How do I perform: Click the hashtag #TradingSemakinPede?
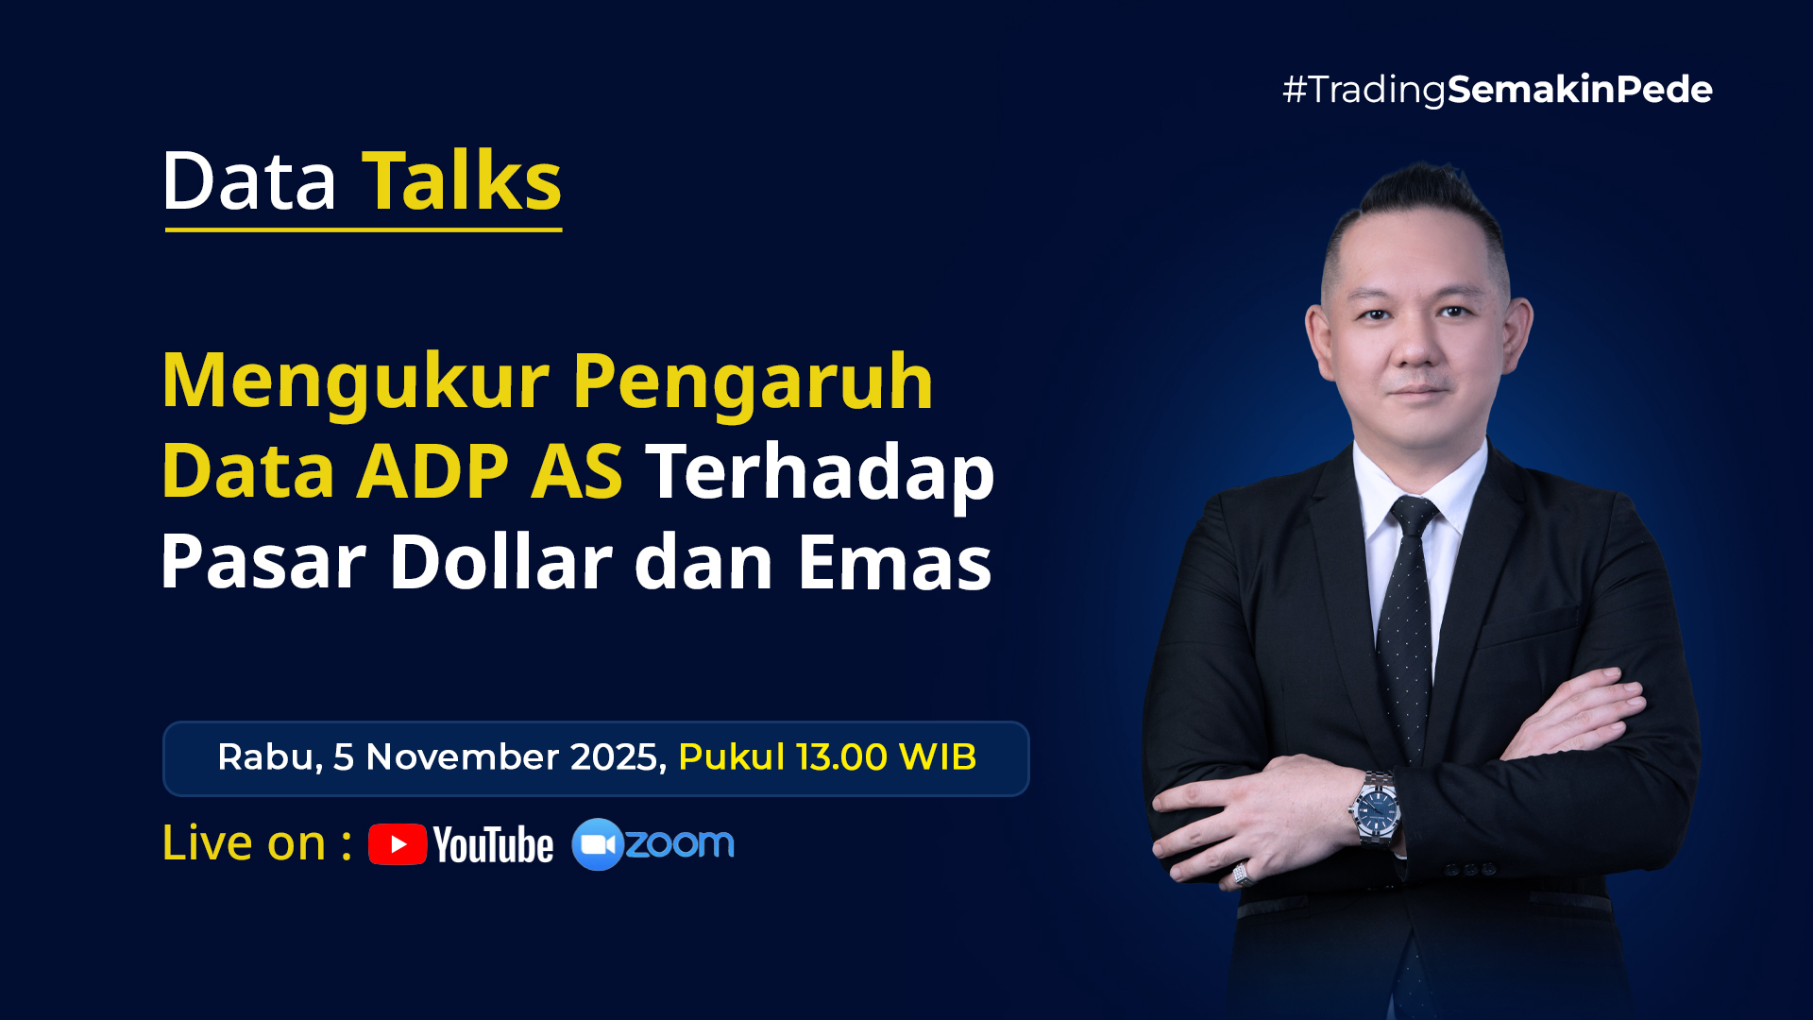[1497, 90]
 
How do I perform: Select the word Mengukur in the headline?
[355, 381]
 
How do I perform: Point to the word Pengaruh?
[753, 382]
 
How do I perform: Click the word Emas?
[894, 562]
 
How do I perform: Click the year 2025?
[618, 757]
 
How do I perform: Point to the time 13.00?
[841, 757]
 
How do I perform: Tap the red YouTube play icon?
[398, 844]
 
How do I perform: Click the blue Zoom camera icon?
[598, 844]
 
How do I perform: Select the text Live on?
[244, 842]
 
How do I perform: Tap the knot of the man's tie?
[1414, 517]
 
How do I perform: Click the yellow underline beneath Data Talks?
[364, 229]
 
